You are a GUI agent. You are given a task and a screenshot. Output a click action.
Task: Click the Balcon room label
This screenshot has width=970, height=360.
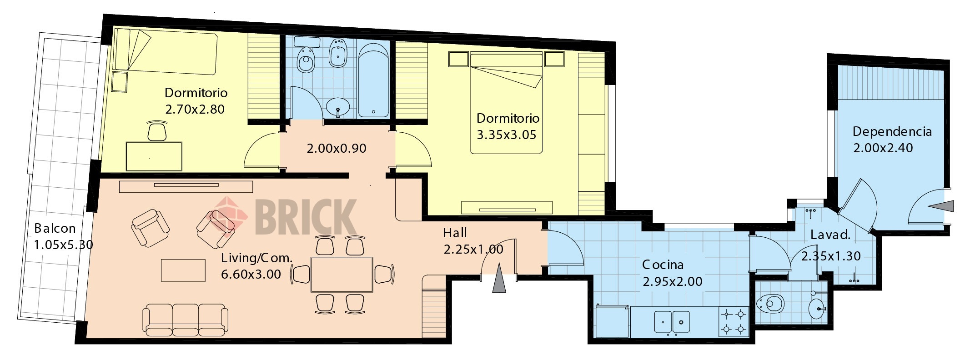pos(55,228)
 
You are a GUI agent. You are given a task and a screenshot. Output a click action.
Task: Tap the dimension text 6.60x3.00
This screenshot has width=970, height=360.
pos(251,275)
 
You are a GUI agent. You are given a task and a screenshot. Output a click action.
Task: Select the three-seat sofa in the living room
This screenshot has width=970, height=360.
pos(186,320)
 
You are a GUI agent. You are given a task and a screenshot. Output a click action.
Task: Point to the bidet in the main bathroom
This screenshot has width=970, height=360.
pos(338,53)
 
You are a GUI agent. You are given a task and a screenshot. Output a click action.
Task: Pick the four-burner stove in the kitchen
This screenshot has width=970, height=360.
pos(734,321)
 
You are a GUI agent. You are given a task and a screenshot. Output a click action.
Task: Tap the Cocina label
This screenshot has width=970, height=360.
pos(663,265)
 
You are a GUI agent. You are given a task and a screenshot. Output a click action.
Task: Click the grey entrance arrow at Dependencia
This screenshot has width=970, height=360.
pos(941,207)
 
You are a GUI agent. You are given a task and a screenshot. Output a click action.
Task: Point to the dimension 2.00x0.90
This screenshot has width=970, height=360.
pos(337,149)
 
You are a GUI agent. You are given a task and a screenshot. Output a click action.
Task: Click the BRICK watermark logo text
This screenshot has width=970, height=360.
pos(305,217)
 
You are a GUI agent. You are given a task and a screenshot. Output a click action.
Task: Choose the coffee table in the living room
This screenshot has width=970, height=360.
pos(183,270)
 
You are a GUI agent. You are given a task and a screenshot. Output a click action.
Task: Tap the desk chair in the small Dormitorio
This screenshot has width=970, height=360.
pos(157,131)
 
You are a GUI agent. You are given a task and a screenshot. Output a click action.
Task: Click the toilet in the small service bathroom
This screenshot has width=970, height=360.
pos(770,304)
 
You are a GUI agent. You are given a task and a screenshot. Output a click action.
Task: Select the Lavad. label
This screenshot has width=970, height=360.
pos(830,235)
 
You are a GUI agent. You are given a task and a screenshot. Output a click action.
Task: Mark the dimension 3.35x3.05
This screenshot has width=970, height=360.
pos(507,135)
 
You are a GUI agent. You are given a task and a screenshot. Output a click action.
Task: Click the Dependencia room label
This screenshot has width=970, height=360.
pos(892,132)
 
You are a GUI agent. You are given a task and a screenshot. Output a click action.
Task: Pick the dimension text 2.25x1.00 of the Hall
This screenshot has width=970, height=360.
pos(473,250)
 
